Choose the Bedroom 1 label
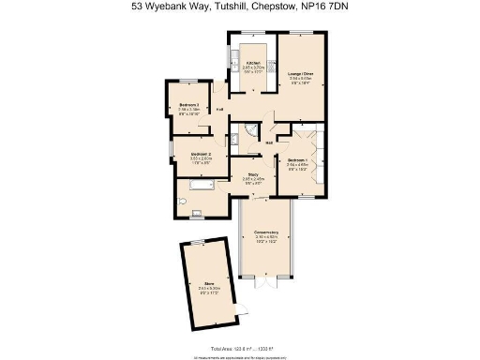click(x=297, y=160)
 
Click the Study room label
click(x=253, y=173)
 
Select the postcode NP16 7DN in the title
click(x=329, y=7)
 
